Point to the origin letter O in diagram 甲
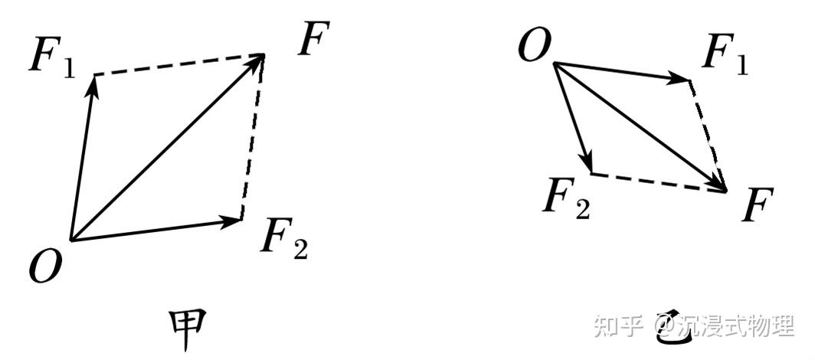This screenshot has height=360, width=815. click(x=46, y=266)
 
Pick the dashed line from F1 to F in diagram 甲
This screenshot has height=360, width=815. click(x=179, y=64)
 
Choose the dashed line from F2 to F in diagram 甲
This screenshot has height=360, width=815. click(x=253, y=136)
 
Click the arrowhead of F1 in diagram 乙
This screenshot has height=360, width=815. click(x=679, y=78)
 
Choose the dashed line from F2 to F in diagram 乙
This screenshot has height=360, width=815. click(x=659, y=182)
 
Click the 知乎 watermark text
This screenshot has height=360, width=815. click(x=618, y=326)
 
